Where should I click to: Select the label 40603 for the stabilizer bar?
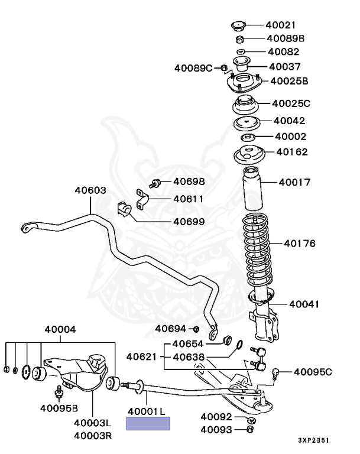pyautogui.click(x=90, y=190)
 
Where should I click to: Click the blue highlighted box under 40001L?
pyautogui.click(x=148, y=423)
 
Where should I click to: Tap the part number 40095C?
pyautogui.click(x=313, y=372)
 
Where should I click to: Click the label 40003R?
pyautogui.click(x=93, y=436)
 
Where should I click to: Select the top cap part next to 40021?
pyautogui.click(x=238, y=25)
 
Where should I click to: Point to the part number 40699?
pyautogui.click(x=189, y=222)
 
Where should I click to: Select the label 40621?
pyautogui.click(x=141, y=357)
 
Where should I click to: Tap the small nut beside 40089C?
pyautogui.click(x=223, y=68)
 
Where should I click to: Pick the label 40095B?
pyautogui.click(x=59, y=407)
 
